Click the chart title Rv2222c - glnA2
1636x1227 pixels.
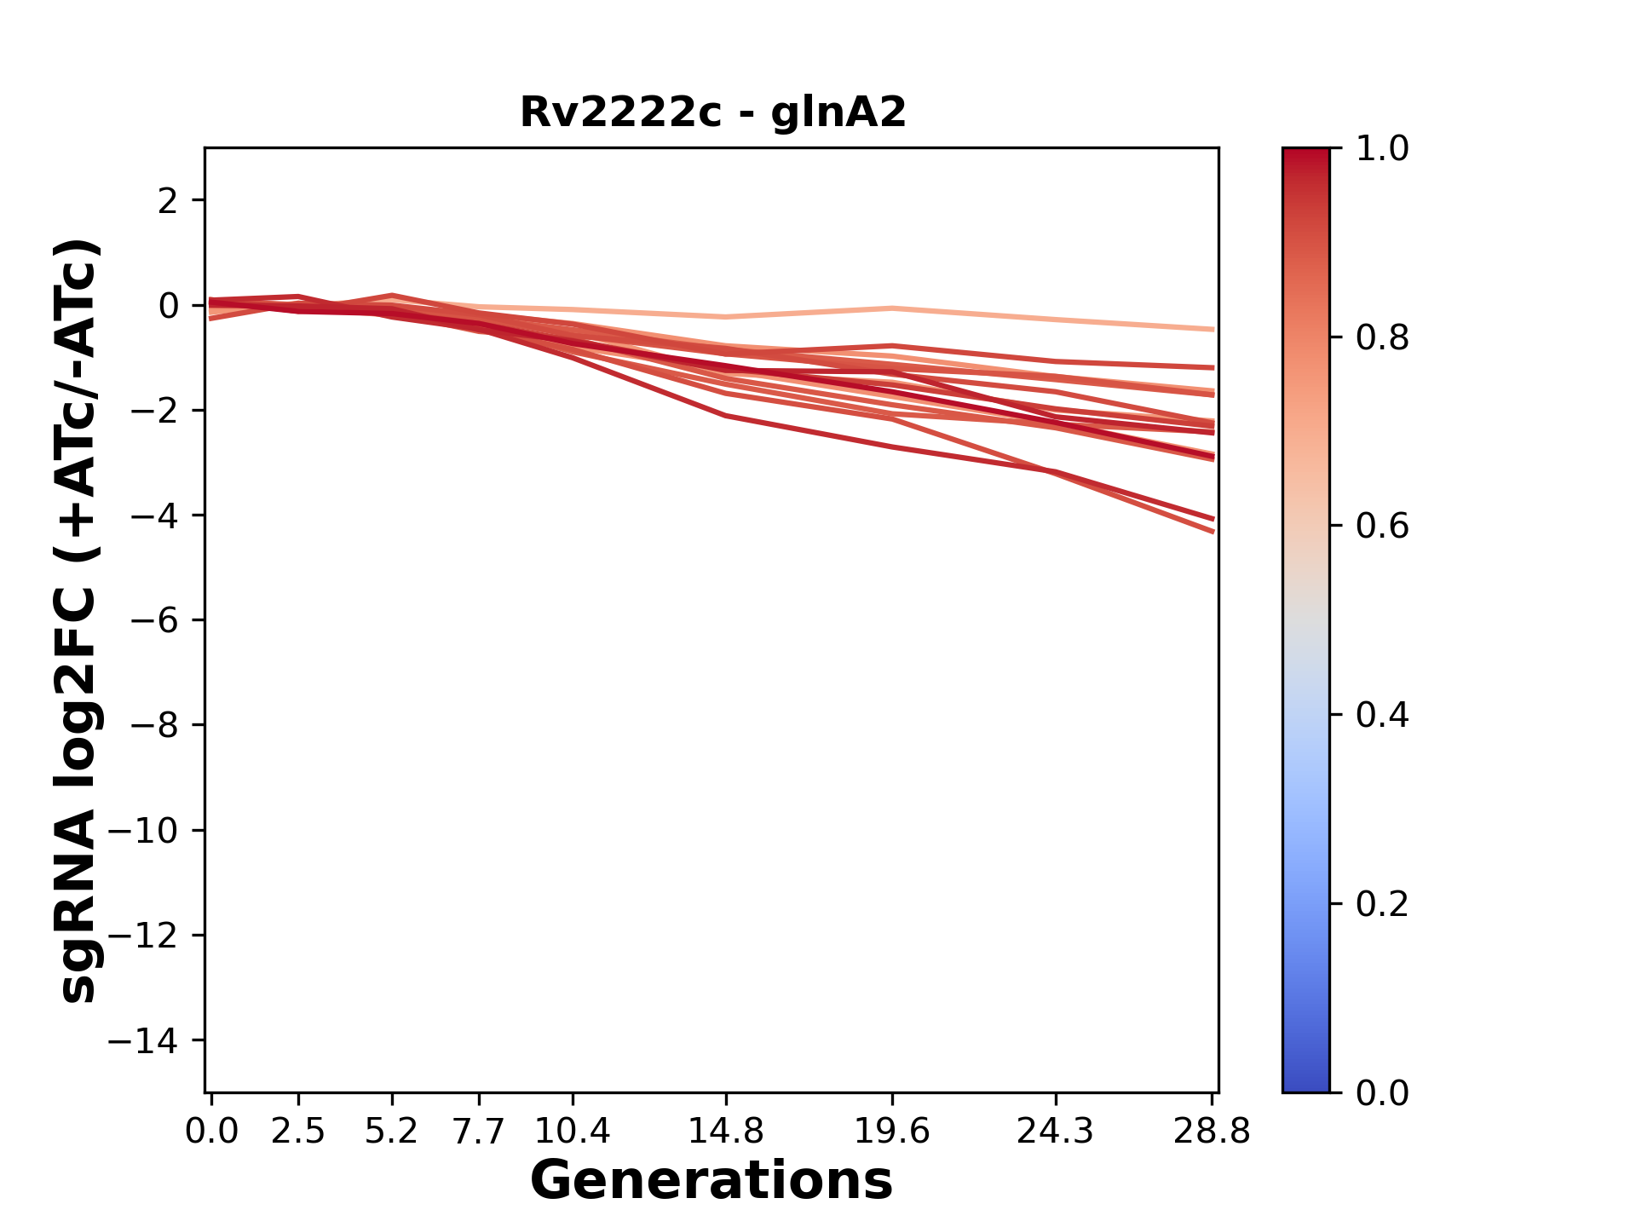click(712, 112)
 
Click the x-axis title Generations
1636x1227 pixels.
click(711, 1181)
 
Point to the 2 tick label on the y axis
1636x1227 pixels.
click(168, 201)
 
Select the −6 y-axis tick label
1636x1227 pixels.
click(155, 620)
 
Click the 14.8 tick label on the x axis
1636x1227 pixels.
click(726, 1132)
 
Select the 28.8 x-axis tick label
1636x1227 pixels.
click(1212, 1132)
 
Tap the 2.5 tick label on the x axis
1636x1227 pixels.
click(298, 1132)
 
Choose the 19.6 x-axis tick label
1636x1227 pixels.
click(891, 1132)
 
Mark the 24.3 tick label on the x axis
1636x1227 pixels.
click(1056, 1132)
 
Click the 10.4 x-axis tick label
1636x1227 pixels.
click(573, 1132)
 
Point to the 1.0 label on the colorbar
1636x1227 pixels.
click(1382, 149)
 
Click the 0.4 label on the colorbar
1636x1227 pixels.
click(1382, 715)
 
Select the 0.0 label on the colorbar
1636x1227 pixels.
click(1382, 1092)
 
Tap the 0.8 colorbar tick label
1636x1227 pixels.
click(1382, 338)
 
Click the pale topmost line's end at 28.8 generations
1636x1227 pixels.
click(1213, 329)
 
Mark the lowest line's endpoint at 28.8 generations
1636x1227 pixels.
click(1213, 532)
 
